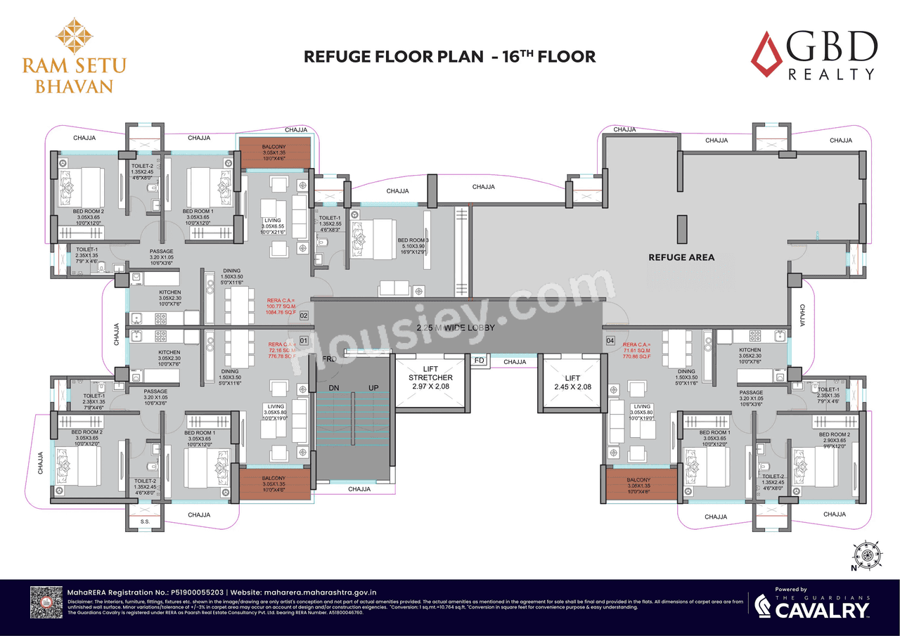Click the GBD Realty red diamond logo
pyautogui.click(x=766, y=53)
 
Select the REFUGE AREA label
pyautogui.click(x=681, y=257)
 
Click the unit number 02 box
pyautogui.click(x=304, y=316)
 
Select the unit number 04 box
pyautogui.click(x=610, y=341)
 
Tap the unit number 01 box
pyautogui.click(x=304, y=341)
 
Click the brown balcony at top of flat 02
pyautogui.click(x=274, y=152)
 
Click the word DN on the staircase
pyautogui.click(x=335, y=388)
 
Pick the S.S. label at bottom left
pyautogui.click(x=144, y=521)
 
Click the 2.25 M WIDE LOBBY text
pyautogui.click(x=455, y=328)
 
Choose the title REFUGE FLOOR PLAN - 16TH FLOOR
pyautogui.click(x=449, y=57)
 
